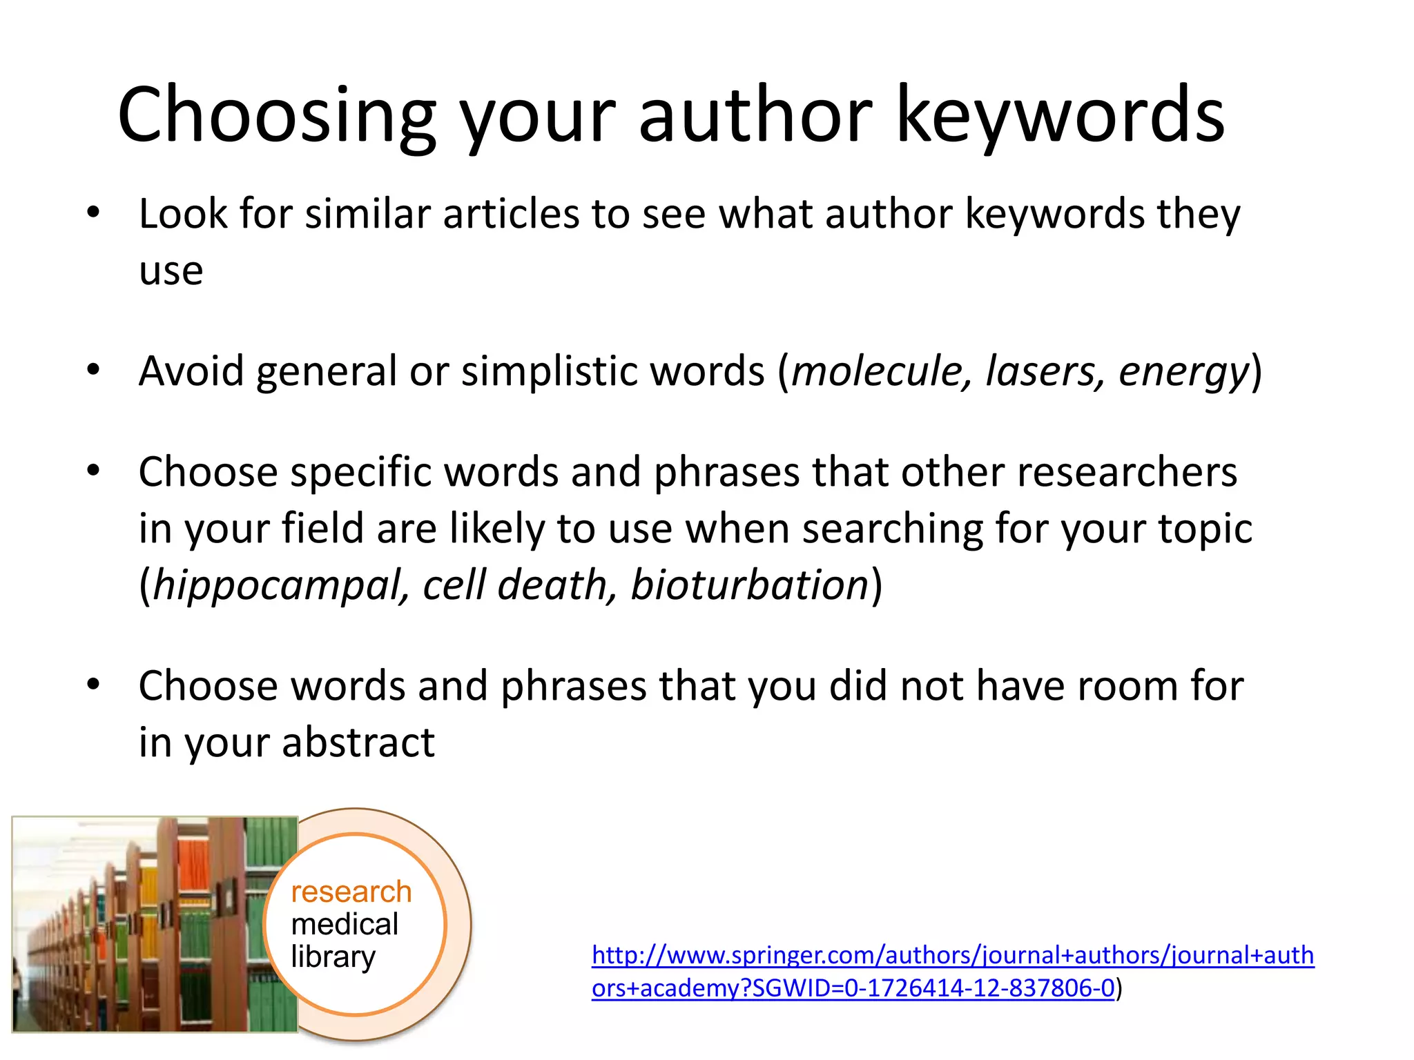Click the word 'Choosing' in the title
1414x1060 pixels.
coord(277,115)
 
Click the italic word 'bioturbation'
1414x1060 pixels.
coord(749,585)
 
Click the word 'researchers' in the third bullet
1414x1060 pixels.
coord(1127,473)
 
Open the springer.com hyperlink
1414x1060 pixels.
coord(953,956)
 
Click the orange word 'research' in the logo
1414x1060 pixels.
coord(351,892)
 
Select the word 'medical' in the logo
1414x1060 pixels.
coord(345,924)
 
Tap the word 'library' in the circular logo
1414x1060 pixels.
coord(333,957)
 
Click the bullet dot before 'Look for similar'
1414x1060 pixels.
coord(93,213)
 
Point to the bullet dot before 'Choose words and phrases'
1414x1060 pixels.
coord(93,685)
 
